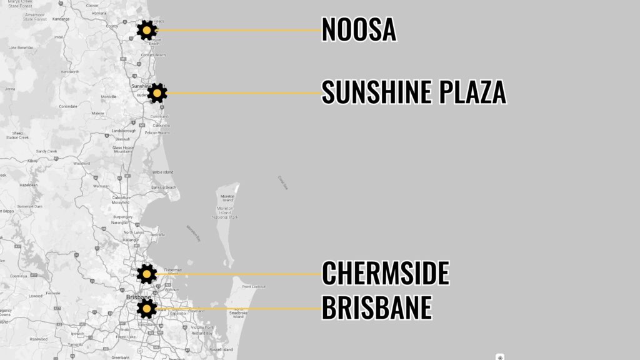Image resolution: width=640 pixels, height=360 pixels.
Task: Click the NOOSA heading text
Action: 359,30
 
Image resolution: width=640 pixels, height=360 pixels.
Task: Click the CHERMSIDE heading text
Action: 386,273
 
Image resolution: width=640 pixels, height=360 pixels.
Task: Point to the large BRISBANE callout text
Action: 377,307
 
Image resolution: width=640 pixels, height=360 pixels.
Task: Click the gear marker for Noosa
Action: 146,30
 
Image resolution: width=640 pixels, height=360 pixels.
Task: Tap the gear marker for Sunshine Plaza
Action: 157,93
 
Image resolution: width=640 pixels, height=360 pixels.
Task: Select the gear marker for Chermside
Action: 147,273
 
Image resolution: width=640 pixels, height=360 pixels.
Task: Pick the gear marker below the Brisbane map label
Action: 147,307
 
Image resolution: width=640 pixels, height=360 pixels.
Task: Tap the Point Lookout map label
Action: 254,286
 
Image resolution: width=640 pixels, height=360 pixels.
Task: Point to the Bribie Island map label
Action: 162,172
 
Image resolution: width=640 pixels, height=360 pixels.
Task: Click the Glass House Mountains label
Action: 122,149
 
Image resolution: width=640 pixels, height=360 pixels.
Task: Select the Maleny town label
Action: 97,113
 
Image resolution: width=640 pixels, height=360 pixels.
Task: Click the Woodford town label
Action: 81,163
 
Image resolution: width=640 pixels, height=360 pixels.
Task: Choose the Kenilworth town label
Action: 69,72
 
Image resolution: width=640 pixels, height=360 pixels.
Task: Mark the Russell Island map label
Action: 221,349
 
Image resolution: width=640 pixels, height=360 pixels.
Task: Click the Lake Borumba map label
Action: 21,47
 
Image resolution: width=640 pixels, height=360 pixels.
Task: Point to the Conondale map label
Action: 67,106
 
